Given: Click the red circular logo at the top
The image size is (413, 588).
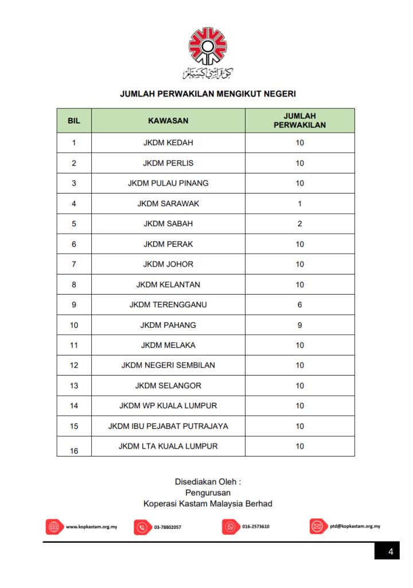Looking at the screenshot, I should pyautogui.click(x=208, y=47).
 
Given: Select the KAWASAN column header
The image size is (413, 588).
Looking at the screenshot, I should pyautogui.click(x=168, y=121).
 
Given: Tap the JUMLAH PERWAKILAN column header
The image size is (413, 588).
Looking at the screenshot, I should pyautogui.click(x=299, y=121).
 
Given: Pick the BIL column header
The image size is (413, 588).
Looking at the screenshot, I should pyautogui.click(x=74, y=121).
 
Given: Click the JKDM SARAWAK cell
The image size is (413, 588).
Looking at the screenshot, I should pyautogui.click(x=168, y=204).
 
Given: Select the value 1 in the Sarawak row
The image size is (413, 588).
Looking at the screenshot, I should pyautogui.click(x=299, y=204).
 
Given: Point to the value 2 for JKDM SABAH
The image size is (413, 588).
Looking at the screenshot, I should pyautogui.click(x=299, y=224).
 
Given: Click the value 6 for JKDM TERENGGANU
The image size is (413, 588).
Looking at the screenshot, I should pyautogui.click(x=299, y=305).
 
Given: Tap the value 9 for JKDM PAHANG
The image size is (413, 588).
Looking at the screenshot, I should pyautogui.click(x=299, y=325).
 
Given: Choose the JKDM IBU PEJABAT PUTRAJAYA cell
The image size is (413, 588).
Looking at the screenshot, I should pyautogui.click(x=168, y=426).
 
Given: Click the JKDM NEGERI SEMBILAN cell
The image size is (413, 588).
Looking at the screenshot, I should pyautogui.click(x=168, y=365).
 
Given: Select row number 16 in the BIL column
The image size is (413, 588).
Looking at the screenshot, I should pyautogui.click(x=74, y=451).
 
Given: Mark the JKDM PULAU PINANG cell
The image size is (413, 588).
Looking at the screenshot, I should pyautogui.click(x=168, y=183).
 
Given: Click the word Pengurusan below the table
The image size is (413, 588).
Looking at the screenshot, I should pyautogui.click(x=208, y=492).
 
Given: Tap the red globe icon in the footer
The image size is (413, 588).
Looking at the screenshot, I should pyautogui.click(x=54, y=527).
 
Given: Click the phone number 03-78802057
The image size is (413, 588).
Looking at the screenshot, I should pyautogui.click(x=167, y=527).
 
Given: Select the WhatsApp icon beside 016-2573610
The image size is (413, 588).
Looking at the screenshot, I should pyautogui.click(x=231, y=527).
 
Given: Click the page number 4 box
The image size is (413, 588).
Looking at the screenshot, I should pyautogui.click(x=390, y=552).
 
